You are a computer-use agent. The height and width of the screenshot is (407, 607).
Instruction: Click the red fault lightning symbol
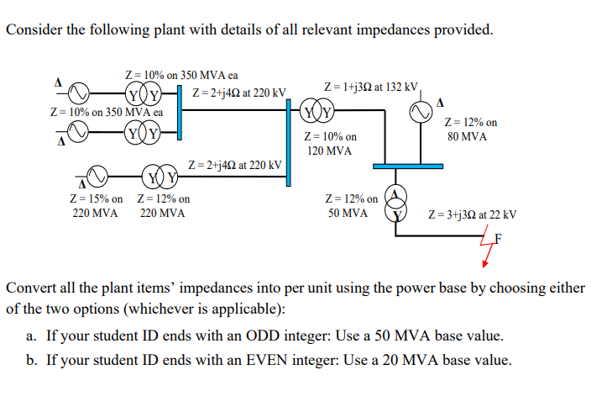(x=487, y=250)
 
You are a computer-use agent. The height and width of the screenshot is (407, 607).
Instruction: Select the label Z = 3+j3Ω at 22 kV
(x=473, y=215)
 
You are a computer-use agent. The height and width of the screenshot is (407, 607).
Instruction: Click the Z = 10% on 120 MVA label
(x=328, y=144)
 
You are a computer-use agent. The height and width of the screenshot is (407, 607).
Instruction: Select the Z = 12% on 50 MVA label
(x=350, y=207)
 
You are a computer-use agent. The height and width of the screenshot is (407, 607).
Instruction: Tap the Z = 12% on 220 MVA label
(x=163, y=207)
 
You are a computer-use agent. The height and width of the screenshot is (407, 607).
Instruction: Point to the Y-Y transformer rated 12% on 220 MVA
(x=161, y=177)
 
